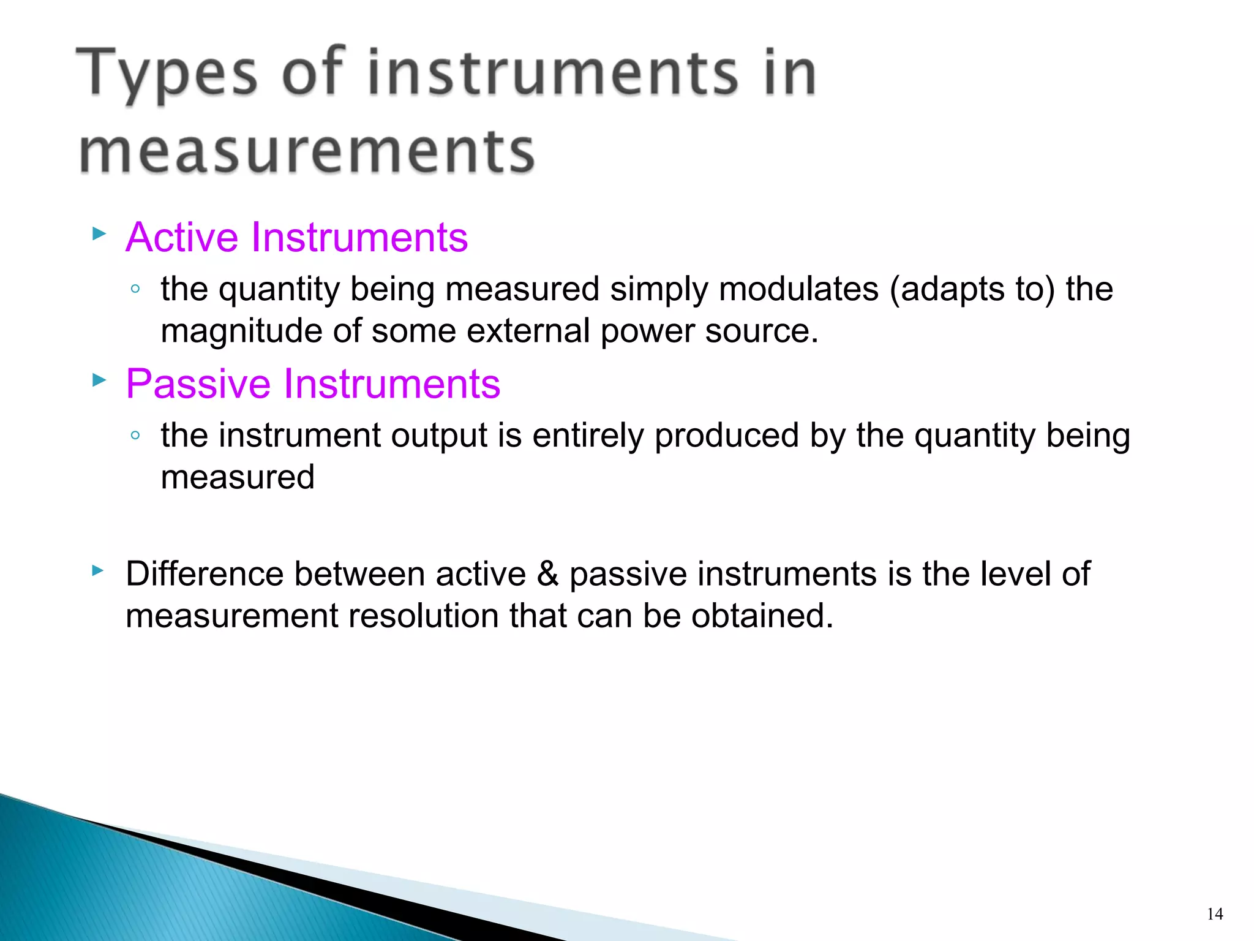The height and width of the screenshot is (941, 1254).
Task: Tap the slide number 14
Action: (x=1215, y=915)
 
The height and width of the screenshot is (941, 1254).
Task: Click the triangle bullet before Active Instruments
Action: (x=99, y=233)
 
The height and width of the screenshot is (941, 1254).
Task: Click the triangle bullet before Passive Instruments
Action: (x=99, y=380)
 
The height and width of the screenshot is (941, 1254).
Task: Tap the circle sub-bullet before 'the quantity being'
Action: (x=136, y=289)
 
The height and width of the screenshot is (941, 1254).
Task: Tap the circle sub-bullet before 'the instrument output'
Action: (x=136, y=435)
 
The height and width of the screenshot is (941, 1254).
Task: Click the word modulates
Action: (x=798, y=289)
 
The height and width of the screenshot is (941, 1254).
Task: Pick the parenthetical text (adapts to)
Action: (x=972, y=290)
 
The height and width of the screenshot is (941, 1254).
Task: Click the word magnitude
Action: (x=241, y=331)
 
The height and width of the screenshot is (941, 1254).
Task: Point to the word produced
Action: (x=727, y=436)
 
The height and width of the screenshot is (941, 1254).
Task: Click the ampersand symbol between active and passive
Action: (x=547, y=575)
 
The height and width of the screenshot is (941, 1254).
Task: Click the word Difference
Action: (x=204, y=575)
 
